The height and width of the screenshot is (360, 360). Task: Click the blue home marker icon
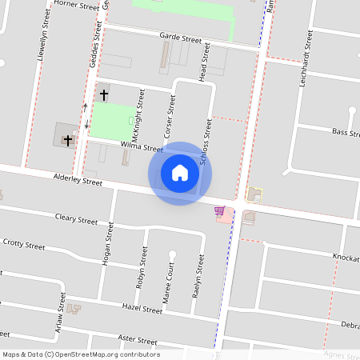pos(180,173)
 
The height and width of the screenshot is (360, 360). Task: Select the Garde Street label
pos(180,38)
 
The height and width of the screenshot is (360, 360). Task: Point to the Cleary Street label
pos(76,219)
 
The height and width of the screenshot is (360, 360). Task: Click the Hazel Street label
pos(142,307)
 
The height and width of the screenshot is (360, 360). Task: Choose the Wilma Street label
pos(141,147)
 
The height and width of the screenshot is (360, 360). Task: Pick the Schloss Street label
pos(206,142)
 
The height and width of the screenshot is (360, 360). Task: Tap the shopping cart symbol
pos(219,210)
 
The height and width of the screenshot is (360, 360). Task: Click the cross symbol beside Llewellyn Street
pos(68,140)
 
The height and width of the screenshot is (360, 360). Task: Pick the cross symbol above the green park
pos(103,94)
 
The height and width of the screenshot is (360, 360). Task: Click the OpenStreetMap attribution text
pos(81,354)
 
